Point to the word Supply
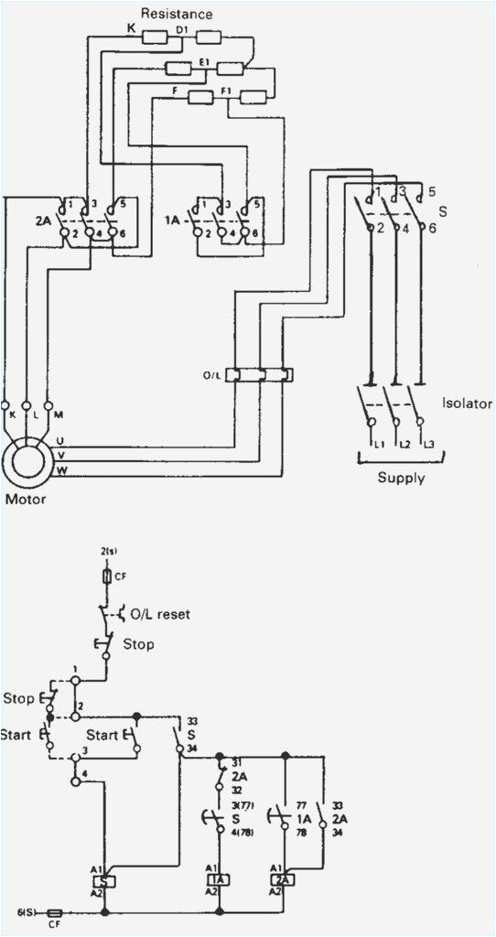pos(401,477)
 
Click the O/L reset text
pos(161,614)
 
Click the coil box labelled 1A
pos(220,878)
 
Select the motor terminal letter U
pos(60,441)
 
